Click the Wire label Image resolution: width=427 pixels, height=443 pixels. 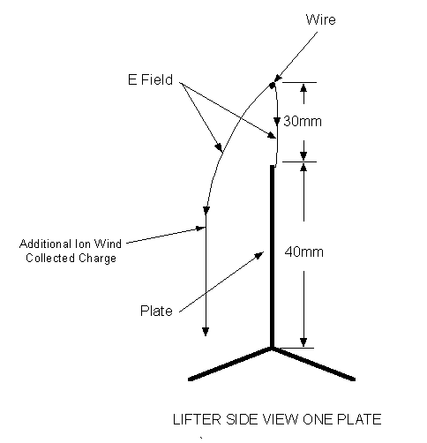click(321, 19)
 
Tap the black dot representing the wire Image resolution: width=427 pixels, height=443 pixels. click(273, 86)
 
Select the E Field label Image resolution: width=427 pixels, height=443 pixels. click(150, 79)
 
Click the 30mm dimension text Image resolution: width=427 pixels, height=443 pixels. click(303, 121)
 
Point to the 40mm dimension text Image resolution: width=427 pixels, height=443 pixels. click(304, 252)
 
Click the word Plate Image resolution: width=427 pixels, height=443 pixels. click(156, 311)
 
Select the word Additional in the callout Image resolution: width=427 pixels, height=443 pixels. click(46, 244)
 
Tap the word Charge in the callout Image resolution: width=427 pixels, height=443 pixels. click(97, 259)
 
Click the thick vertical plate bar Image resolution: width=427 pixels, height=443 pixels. click(273, 257)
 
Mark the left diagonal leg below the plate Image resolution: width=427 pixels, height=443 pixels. click(229, 364)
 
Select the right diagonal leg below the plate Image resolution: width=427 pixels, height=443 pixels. click(314, 364)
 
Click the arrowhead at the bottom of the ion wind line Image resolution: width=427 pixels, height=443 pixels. click(206, 332)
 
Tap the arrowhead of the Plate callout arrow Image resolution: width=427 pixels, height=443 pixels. click(259, 255)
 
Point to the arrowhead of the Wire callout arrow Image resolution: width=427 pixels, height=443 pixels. click(278, 78)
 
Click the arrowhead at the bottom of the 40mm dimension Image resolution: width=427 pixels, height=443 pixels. click(303, 342)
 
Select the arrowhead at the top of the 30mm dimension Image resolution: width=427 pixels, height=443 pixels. click(303, 87)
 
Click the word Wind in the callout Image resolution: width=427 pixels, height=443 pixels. click(108, 244)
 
